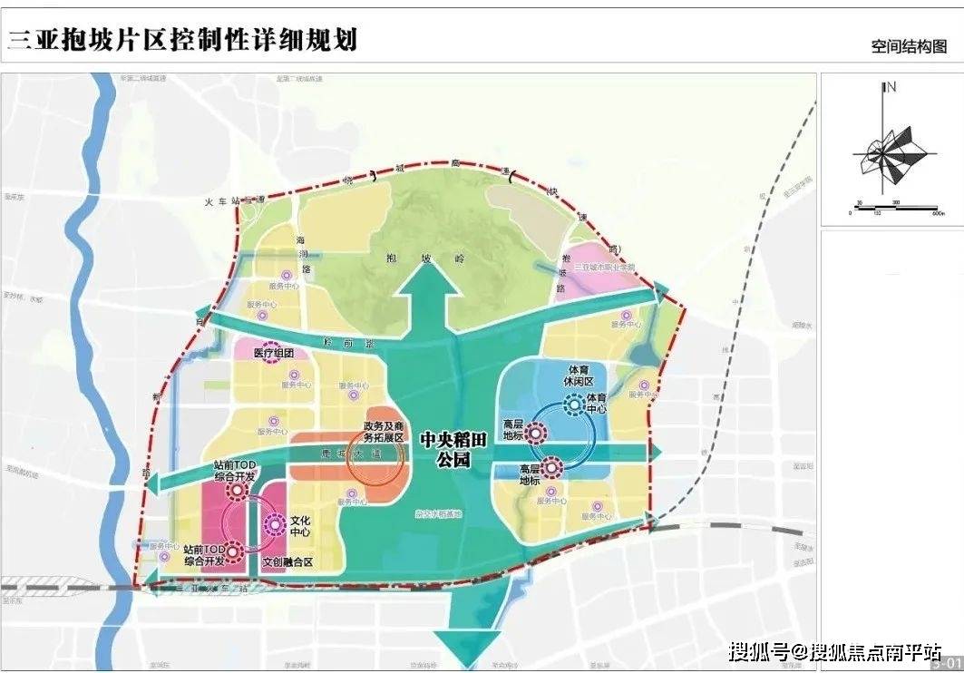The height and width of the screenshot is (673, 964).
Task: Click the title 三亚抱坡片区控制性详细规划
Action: [x=182, y=39]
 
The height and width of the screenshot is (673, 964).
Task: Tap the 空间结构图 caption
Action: [x=909, y=46]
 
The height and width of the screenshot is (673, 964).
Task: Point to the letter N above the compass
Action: [x=891, y=87]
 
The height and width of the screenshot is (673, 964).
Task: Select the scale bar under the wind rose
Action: [x=893, y=208]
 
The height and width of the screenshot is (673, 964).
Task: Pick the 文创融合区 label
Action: [x=287, y=562]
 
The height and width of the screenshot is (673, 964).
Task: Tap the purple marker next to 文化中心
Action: [x=275, y=527]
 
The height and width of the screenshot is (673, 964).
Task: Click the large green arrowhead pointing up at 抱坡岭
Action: [x=430, y=290]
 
